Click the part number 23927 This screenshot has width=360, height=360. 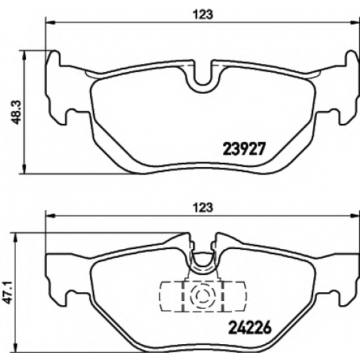(244, 149)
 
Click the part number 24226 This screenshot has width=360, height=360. (250, 328)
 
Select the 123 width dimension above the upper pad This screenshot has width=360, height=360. (203, 15)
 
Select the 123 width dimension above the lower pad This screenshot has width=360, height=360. (203, 207)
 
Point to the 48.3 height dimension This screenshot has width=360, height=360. (17, 112)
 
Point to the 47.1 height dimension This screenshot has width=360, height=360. (9, 292)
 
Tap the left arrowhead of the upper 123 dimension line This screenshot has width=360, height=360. (50, 23)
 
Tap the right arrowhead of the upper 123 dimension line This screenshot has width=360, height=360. (355, 23)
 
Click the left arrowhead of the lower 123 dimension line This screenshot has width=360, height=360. (50, 216)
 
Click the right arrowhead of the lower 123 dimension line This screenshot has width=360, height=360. (355, 216)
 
